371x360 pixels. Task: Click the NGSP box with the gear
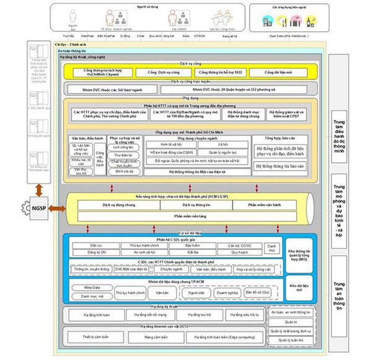pyautogui.click(x=37, y=208)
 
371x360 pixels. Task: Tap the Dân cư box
pyautogui.click(x=96, y=246)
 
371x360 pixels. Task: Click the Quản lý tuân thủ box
pyautogui.click(x=291, y=340)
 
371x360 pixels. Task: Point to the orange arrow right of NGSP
pyautogui.click(x=57, y=208)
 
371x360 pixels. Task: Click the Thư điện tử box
pyautogui.click(x=123, y=155)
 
